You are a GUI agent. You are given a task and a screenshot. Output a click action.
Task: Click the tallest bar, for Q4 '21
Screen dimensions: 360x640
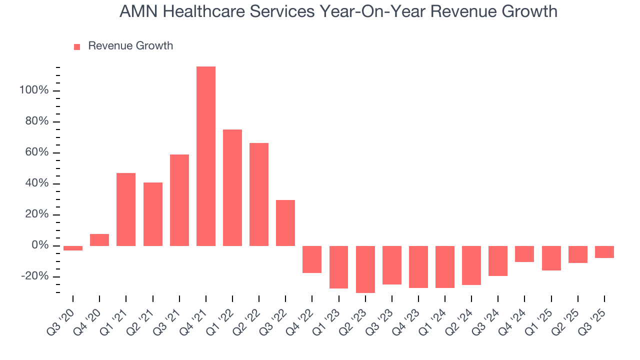[206, 156]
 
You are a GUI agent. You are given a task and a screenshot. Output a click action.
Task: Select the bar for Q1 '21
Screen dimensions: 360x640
[126, 209]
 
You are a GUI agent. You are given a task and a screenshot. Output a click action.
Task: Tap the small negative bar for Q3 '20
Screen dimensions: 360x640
[73, 248]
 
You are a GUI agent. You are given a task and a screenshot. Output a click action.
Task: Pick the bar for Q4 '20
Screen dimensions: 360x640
[99, 240]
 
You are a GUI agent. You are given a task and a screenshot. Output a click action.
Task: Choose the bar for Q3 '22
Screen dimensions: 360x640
[285, 223]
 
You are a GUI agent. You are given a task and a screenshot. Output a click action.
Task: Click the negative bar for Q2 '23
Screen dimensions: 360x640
[365, 269]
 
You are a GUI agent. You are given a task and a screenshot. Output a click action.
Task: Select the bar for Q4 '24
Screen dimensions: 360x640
[524, 254]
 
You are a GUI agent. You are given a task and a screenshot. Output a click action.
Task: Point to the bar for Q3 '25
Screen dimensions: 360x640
[604, 252]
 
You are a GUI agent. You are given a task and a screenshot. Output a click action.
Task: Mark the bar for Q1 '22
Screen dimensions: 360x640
[232, 187]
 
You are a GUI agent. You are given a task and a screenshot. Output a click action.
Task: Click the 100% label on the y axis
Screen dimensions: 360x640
[34, 90]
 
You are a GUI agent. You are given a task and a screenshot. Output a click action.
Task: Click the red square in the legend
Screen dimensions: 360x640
[77, 46]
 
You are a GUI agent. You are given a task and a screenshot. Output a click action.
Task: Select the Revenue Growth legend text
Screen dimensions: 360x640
[130, 46]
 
